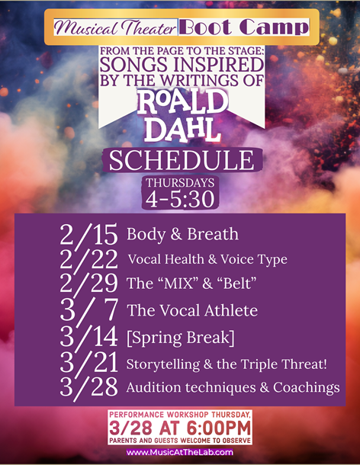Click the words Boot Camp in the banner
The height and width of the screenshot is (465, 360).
[244, 27]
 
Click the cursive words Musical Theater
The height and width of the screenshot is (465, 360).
[115, 28]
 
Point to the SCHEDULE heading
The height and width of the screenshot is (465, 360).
[182, 161]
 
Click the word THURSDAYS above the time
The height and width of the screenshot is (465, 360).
[180, 183]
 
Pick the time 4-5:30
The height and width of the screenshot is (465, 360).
[180, 199]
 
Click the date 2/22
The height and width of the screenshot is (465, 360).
[88, 259]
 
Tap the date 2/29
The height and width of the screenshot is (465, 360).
[88, 284]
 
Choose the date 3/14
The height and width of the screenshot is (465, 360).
[88, 338]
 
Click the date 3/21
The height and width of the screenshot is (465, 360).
[88, 363]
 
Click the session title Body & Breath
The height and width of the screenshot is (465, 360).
[182, 234]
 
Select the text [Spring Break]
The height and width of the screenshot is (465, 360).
[181, 338]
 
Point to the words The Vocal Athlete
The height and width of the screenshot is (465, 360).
[192, 311]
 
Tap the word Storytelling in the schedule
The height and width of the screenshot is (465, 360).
[163, 364]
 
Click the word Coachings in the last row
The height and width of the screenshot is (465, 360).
[307, 388]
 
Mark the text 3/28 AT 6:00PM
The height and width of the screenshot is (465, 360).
[180, 428]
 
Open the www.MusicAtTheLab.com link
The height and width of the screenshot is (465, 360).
[180, 452]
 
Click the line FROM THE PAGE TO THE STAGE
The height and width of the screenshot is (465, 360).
[182, 51]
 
